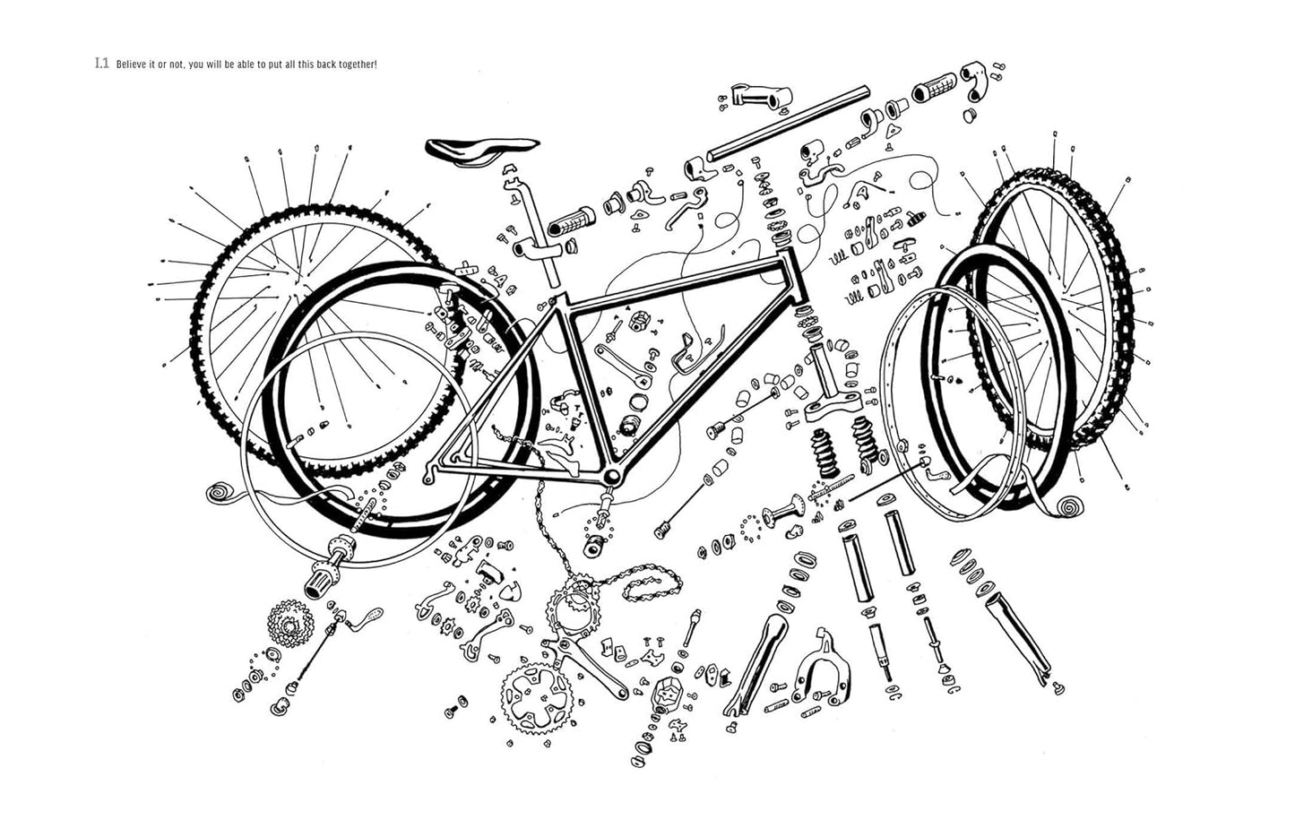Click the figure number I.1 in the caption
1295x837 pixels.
(x=101, y=65)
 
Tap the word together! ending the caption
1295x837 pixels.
(x=357, y=65)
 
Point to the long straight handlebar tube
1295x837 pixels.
(x=789, y=122)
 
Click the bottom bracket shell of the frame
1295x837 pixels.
(x=611, y=476)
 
